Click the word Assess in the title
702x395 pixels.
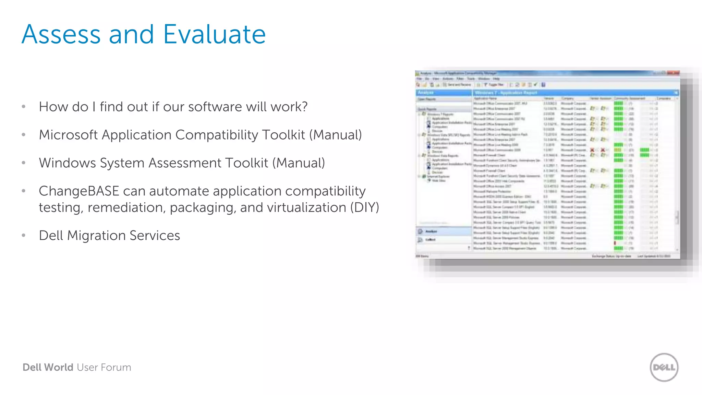click(x=61, y=34)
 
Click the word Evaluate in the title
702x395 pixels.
click(x=214, y=34)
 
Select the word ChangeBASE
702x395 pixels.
click(x=79, y=191)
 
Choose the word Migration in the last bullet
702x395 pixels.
click(x=96, y=236)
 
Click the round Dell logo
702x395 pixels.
click(x=664, y=367)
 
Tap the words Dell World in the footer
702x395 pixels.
click(x=48, y=367)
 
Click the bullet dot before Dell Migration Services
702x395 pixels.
click(x=24, y=236)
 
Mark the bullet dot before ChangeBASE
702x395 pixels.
click(x=24, y=191)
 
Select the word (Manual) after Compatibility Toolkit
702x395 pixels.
click(x=336, y=135)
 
